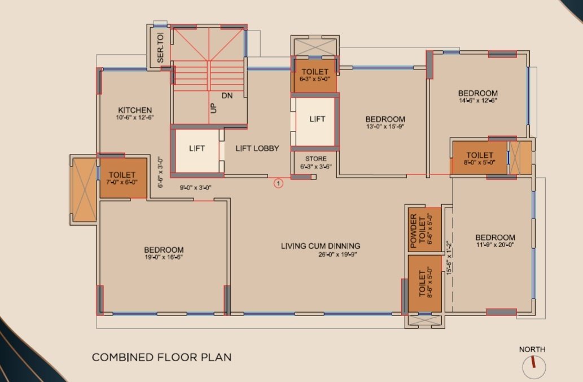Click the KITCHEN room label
coord(135,110)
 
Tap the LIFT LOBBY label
coord(257,148)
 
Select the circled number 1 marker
coord(278,183)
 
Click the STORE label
coord(316,159)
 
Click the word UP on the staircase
coord(213,108)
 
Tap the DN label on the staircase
coord(227,95)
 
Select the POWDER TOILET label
coord(418,231)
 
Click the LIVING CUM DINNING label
coord(321,245)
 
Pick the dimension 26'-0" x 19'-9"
coord(337,254)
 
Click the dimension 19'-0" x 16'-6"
coord(164,257)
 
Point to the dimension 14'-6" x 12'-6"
coord(478,100)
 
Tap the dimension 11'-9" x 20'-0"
coord(496,244)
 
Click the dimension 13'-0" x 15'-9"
coord(385,126)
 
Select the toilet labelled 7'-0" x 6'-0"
coord(122,178)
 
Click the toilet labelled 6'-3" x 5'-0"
coord(315,76)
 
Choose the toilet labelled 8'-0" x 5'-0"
coord(480,158)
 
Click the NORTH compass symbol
coord(533,366)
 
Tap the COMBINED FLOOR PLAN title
coord(162,358)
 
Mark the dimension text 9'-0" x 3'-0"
coord(196,188)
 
